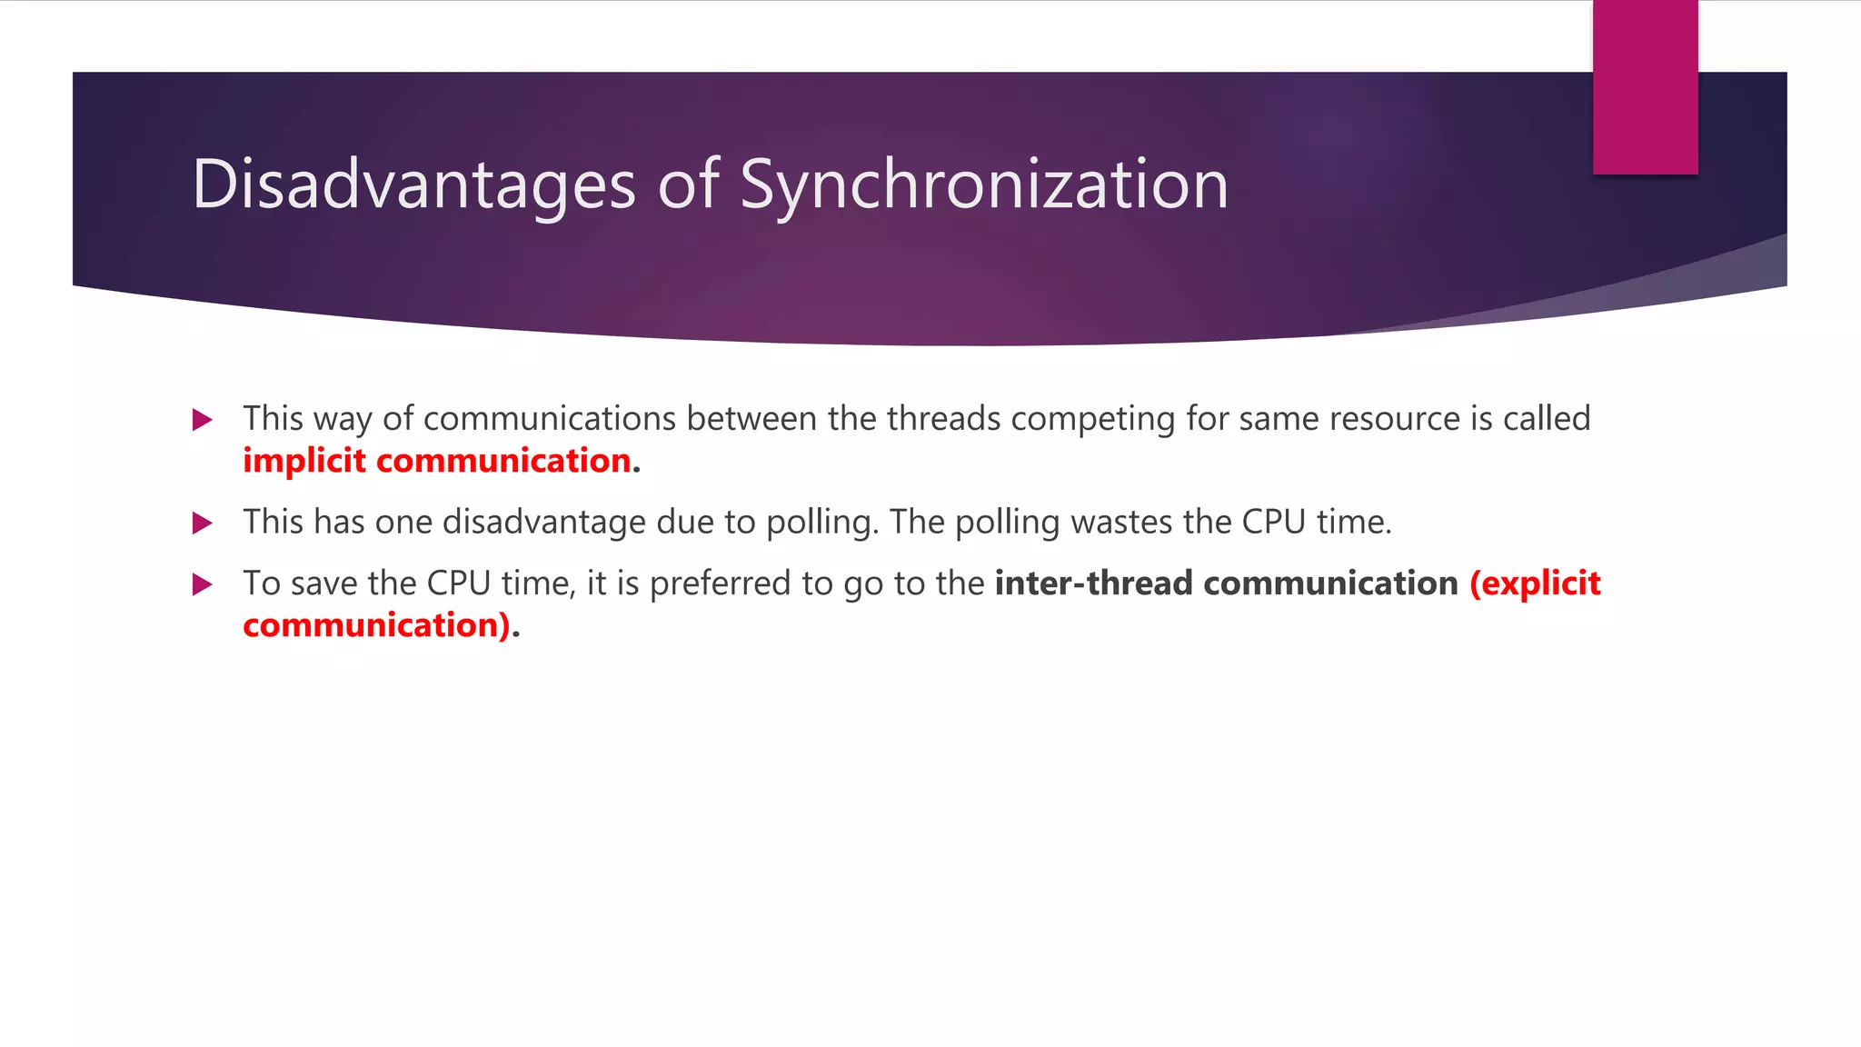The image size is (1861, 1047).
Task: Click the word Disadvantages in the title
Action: [413, 184]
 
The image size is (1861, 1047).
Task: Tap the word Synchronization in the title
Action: [984, 184]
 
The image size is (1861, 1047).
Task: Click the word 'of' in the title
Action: [688, 184]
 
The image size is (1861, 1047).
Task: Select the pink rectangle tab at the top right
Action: [1645, 87]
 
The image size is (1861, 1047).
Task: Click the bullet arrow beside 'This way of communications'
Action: [203, 420]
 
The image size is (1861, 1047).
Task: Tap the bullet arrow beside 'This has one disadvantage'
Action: [203, 523]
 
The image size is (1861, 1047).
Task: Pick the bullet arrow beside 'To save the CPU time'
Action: [203, 584]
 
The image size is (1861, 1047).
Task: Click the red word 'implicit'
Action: [304, 462]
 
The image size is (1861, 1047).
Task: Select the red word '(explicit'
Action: [1535, 583]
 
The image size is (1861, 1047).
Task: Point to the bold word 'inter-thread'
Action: [1093, 583]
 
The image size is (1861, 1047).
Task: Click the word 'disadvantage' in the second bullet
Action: [544, 523]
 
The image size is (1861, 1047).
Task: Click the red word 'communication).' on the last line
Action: [377, 626]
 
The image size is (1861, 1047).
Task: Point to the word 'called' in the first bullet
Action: [1547, 419]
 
